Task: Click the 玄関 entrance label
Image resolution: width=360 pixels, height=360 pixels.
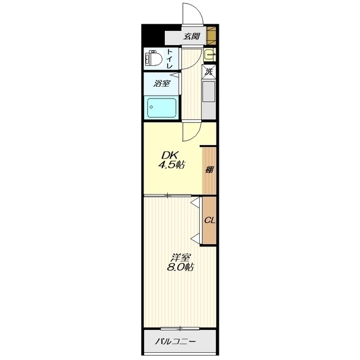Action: (191, 36)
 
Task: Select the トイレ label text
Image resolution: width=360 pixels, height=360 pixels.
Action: (170, 58)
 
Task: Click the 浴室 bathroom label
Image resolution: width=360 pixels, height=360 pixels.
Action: (162, 83)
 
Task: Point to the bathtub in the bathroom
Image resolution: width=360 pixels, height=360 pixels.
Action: (162, 107)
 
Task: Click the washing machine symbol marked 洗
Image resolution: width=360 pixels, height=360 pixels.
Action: (209, 71)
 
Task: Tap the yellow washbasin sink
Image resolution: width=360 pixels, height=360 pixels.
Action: (209, 55)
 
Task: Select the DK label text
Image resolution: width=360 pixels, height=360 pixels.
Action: (169, 156)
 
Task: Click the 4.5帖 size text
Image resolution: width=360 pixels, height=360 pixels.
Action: (172, 165)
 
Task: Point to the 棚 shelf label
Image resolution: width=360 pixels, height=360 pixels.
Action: (209, 170)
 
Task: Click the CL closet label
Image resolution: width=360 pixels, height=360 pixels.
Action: (210, 220)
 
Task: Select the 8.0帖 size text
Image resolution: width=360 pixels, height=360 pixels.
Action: (180, 267)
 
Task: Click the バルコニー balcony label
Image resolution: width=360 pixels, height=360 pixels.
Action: (176, 341)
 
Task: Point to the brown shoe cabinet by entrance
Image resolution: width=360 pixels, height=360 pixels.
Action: (211, 36)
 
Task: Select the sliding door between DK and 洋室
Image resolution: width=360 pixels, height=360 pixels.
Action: (168, 196)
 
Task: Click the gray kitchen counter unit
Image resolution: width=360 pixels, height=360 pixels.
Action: (209, 99)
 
